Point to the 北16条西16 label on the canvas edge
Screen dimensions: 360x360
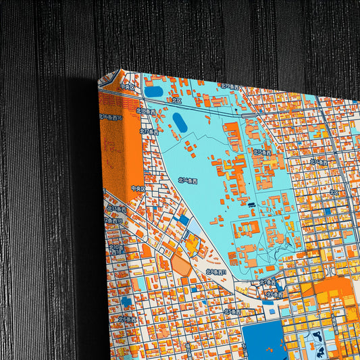coord(109,117)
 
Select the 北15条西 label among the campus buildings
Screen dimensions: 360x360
coord(263,153)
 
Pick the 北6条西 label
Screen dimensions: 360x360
coord(274,294)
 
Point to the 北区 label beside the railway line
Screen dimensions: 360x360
coord(177,101)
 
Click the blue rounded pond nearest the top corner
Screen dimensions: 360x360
coord(154,91)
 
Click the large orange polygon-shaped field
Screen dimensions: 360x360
coord(181,264)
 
